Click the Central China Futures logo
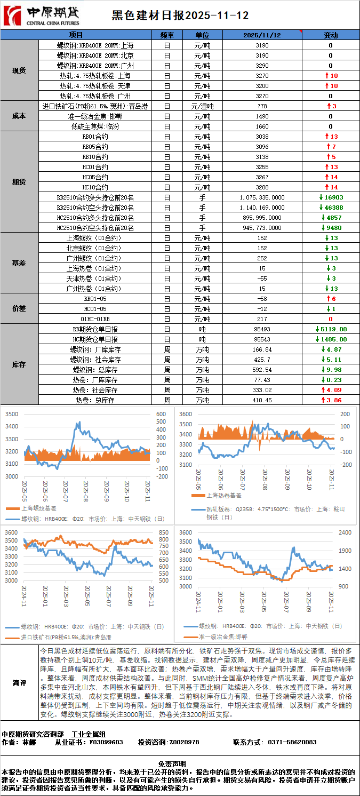click(42, 15)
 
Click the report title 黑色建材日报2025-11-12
click(180, 16)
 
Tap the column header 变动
click(331, 35)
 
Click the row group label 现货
click(19, 70)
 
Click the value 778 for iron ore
click(262, 106)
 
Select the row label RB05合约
click(95, 147)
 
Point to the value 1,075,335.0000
click(262, 197)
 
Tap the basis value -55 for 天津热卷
click(262, 278)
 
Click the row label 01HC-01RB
click(95, 319)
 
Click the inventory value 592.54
click(262, 370)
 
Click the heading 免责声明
click(180, 764)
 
